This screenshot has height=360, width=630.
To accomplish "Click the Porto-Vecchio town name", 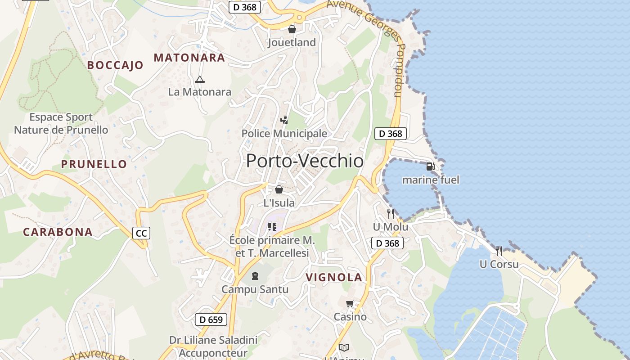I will (x=305, y=161).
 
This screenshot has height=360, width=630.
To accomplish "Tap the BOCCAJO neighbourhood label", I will (x=115, y=65).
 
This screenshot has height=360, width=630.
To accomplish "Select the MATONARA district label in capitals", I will (x=189, y=58).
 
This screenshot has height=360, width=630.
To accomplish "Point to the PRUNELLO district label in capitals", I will (x=94, y=164).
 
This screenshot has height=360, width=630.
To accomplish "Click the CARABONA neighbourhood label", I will (x=58, y=232).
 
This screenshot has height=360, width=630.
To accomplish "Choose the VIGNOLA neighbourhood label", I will (x=334, y=277).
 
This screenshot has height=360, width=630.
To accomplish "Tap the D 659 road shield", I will (x=211, y=320).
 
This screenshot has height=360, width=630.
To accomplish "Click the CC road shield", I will (x=141, y=233).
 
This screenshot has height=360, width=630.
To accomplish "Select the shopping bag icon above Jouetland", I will (x=292, y=29).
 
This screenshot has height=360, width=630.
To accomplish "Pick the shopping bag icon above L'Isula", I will (x=279, y=189).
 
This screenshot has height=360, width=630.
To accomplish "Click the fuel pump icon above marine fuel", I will (x=430, y=166).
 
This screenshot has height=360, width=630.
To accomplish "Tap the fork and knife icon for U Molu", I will (x=390, y=213).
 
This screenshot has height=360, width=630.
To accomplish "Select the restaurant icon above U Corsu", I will (x=499, y=251).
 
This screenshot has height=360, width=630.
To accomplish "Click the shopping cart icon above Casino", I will (x=350, y=304).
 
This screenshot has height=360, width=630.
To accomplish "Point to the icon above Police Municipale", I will (x=284, y=120).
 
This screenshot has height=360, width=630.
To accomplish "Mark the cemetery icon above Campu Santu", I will (x=255, y=275).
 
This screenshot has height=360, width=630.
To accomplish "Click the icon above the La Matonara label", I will (x=200, y=80).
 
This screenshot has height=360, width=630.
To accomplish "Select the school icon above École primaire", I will (x=272, y=226).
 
